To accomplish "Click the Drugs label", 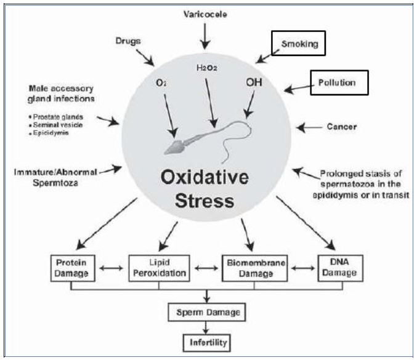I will tap(129, 41).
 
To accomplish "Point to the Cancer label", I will tap(342, 127).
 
